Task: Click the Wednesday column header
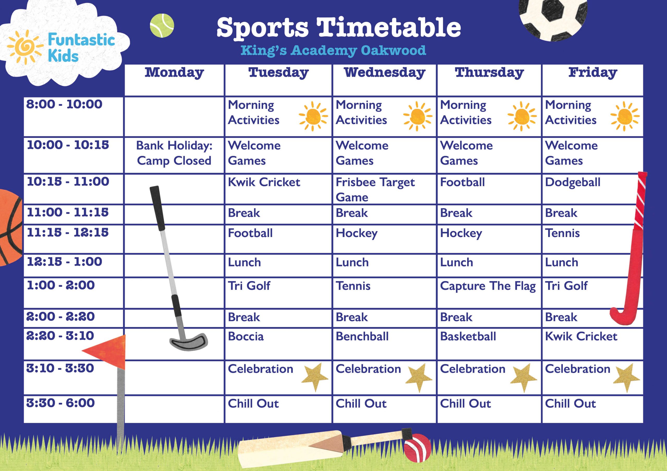click(384, 73)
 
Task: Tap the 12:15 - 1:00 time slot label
click(65, 262)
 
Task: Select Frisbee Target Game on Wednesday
click(375, 189)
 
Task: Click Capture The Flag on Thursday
click(488, 286)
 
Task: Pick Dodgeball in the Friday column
click(572, 182)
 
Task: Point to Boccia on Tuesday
click(246, 336)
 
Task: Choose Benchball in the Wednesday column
click(362, 336)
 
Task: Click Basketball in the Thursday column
click(468, 336)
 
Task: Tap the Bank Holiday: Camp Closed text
click(174, 153)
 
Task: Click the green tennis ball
click(162, 26)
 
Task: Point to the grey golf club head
click(189, 342)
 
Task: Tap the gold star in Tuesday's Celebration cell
click(315, 376)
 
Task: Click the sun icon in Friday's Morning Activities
click(625, 116)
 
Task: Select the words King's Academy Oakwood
click(333, 50)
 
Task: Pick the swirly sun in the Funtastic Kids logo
click(25, 46)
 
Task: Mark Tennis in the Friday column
click(562, 233)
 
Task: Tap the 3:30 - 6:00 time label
click(60, 403)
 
